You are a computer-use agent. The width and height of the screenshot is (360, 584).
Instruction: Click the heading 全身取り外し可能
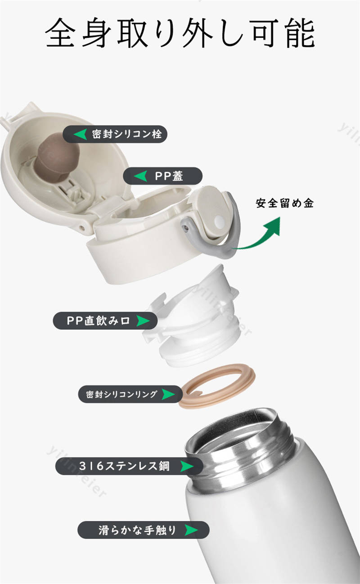pos(180,33)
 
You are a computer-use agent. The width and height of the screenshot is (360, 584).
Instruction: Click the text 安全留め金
pos(284,204)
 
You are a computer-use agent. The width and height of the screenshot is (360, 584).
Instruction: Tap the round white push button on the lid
pos(219,222)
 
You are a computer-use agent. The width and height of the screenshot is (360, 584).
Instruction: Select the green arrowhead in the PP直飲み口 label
pos(143,321)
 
